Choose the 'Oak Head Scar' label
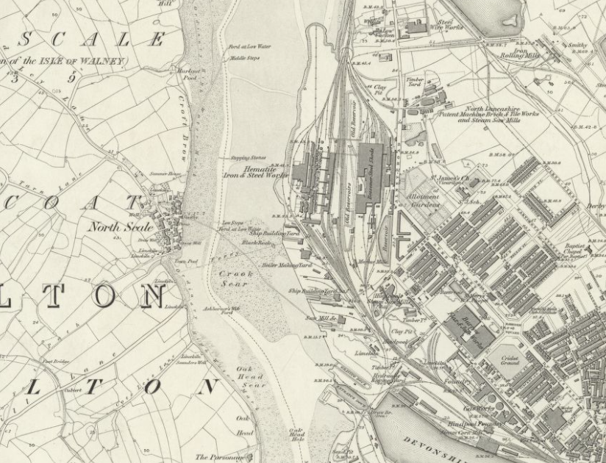(250, 377)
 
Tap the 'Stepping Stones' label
(248, 157)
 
